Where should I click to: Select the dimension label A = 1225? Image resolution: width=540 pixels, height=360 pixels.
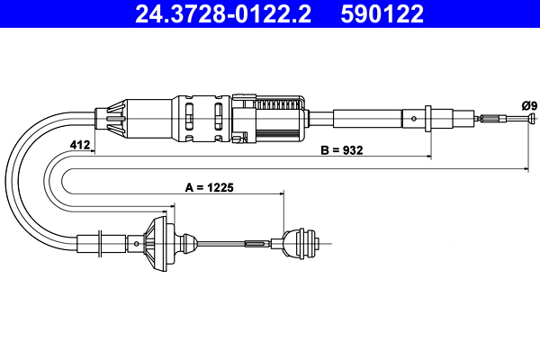pyautogui.click(x=209, y=188)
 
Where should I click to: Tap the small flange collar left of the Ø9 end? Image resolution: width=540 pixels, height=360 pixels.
pyautogui.click(x=429, y=117)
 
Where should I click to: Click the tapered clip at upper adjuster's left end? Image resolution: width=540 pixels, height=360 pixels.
pyautogui.click(x=112, y=117)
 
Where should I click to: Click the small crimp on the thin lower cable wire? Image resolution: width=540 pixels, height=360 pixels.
pyautogui.click(x=256, y=243)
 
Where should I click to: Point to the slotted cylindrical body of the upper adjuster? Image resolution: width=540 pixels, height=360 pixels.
pyautogui.click(x=202, y=117)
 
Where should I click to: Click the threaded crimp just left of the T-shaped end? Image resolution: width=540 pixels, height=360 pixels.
pyautogui.click(x=490, y=118)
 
